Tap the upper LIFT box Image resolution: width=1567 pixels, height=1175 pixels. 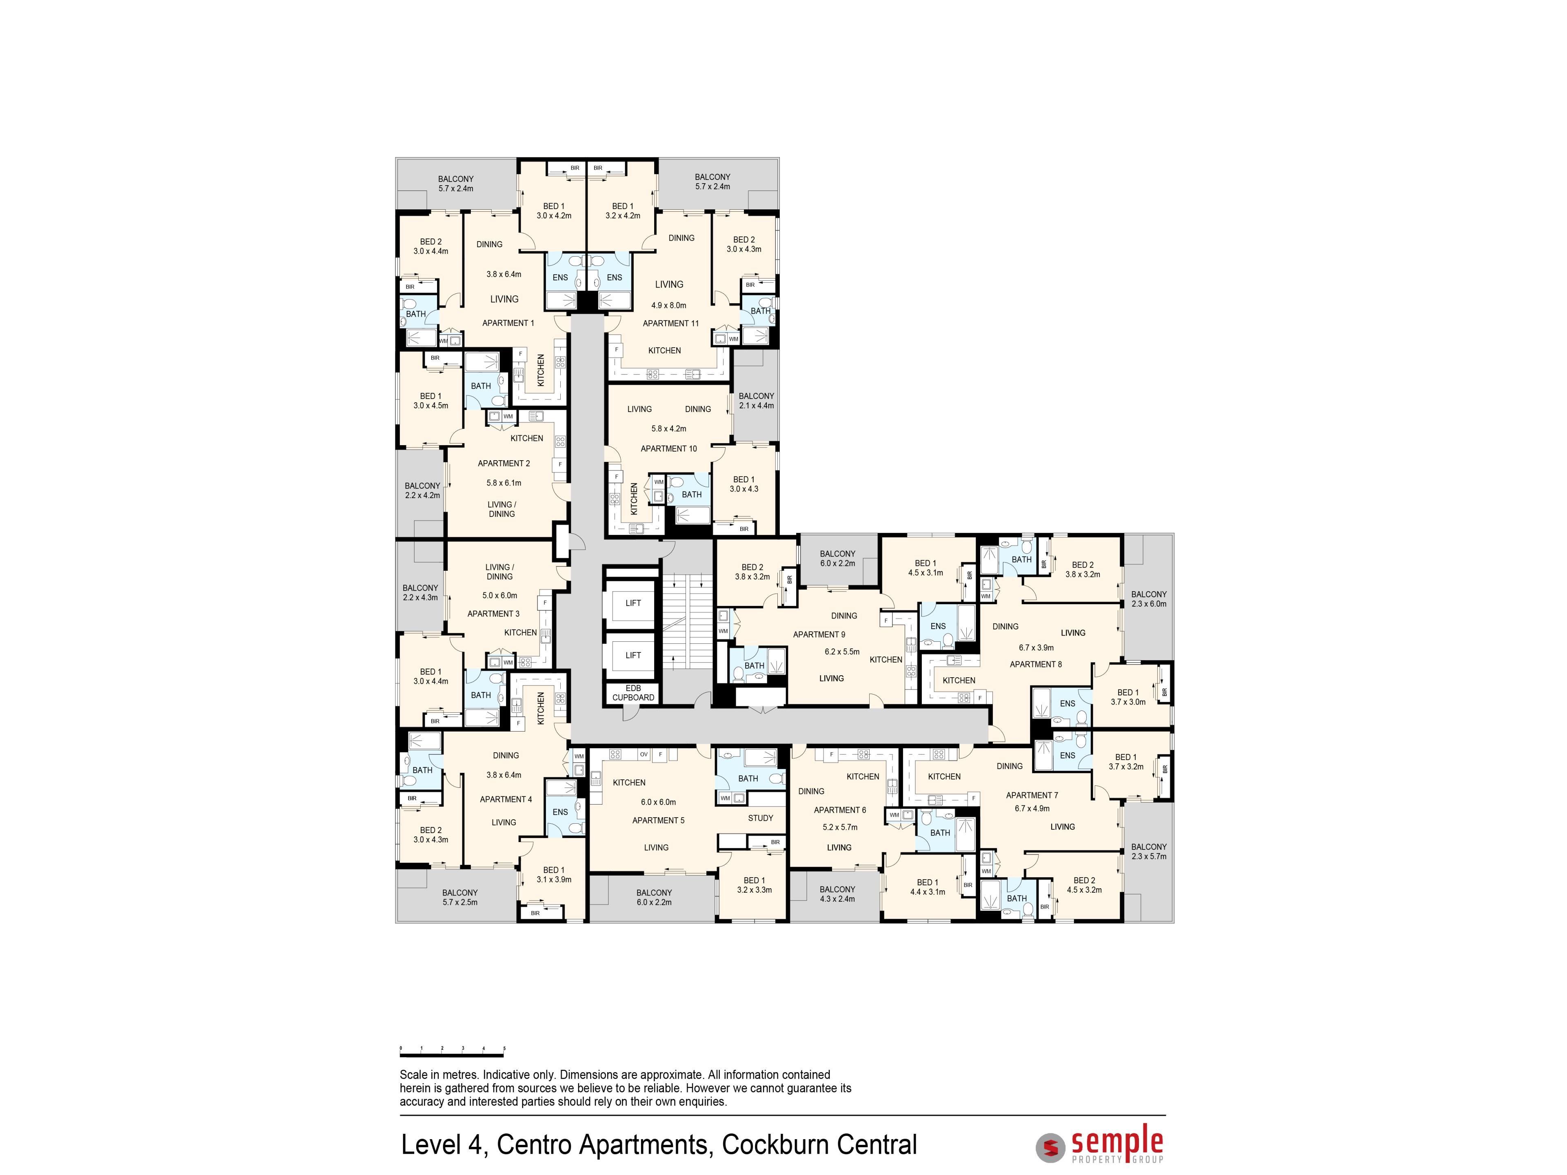tap(633, 603)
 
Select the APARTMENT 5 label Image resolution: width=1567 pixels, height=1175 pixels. tap(658, 820)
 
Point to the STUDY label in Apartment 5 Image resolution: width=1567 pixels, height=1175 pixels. tap(760, 818)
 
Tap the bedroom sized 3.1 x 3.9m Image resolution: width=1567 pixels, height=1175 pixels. tap(553, 875)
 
